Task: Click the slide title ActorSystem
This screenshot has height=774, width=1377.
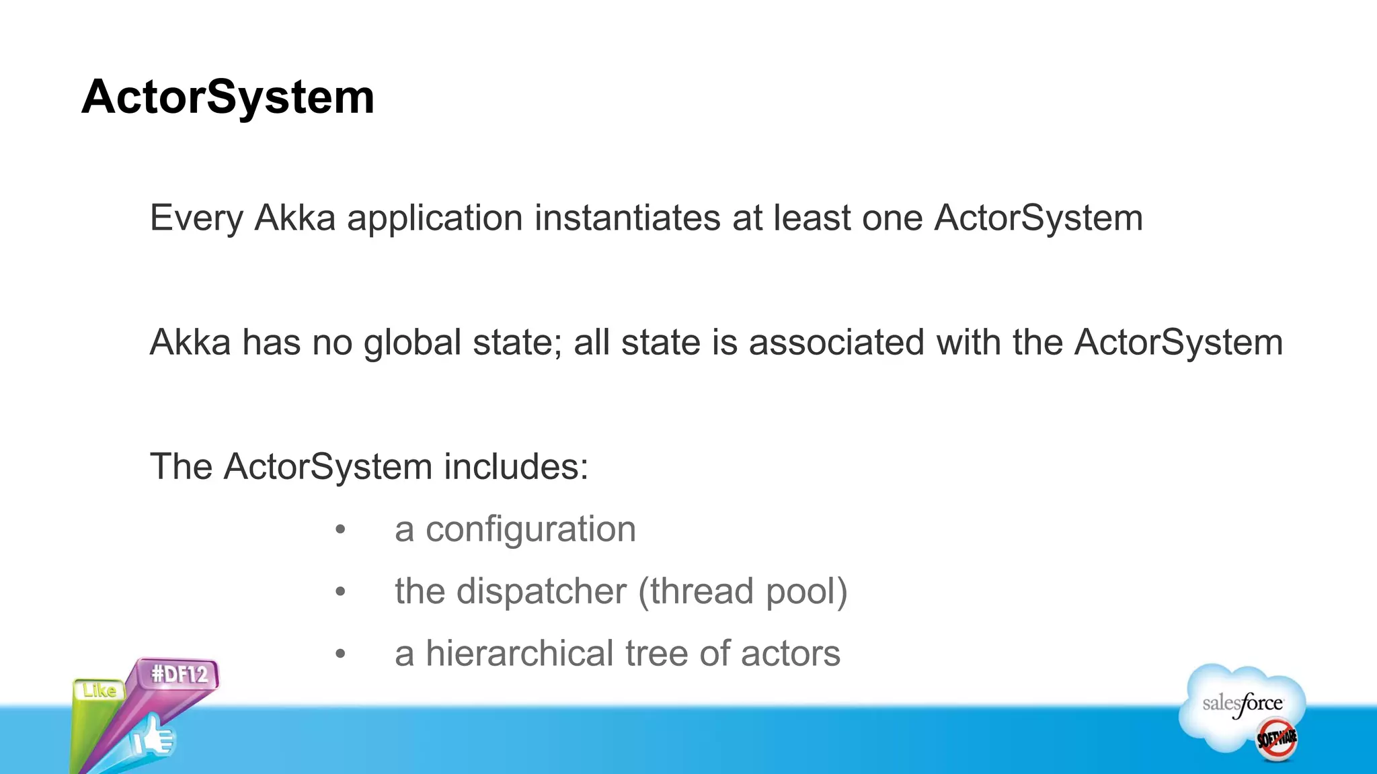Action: (x=227, y=97)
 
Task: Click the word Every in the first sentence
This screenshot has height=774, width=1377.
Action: (x=196, y=218)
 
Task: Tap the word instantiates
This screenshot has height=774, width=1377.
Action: (x=627, y=218)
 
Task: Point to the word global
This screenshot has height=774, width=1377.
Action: (x=413, y=343)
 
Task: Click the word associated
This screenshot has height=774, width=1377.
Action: (x=836, y=342)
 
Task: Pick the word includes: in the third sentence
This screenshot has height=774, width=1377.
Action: (x=516, y=466)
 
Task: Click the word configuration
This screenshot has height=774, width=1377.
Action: (x=530, y=529)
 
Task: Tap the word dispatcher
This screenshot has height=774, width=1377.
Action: (x=541, y=592)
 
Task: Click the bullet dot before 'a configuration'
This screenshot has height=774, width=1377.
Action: (x=340, y=530)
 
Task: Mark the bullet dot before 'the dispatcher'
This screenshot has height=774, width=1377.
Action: (x=340, y=592)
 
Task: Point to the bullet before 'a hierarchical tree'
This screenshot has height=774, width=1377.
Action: (x=340, y=654)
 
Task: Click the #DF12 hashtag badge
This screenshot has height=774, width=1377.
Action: (x=180, y=674)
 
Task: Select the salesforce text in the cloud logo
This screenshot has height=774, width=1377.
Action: (x=1242, y=704)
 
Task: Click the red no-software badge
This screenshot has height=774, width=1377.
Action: (x=1277, y=739)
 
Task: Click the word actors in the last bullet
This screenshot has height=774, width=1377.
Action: (x=790, y=654)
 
